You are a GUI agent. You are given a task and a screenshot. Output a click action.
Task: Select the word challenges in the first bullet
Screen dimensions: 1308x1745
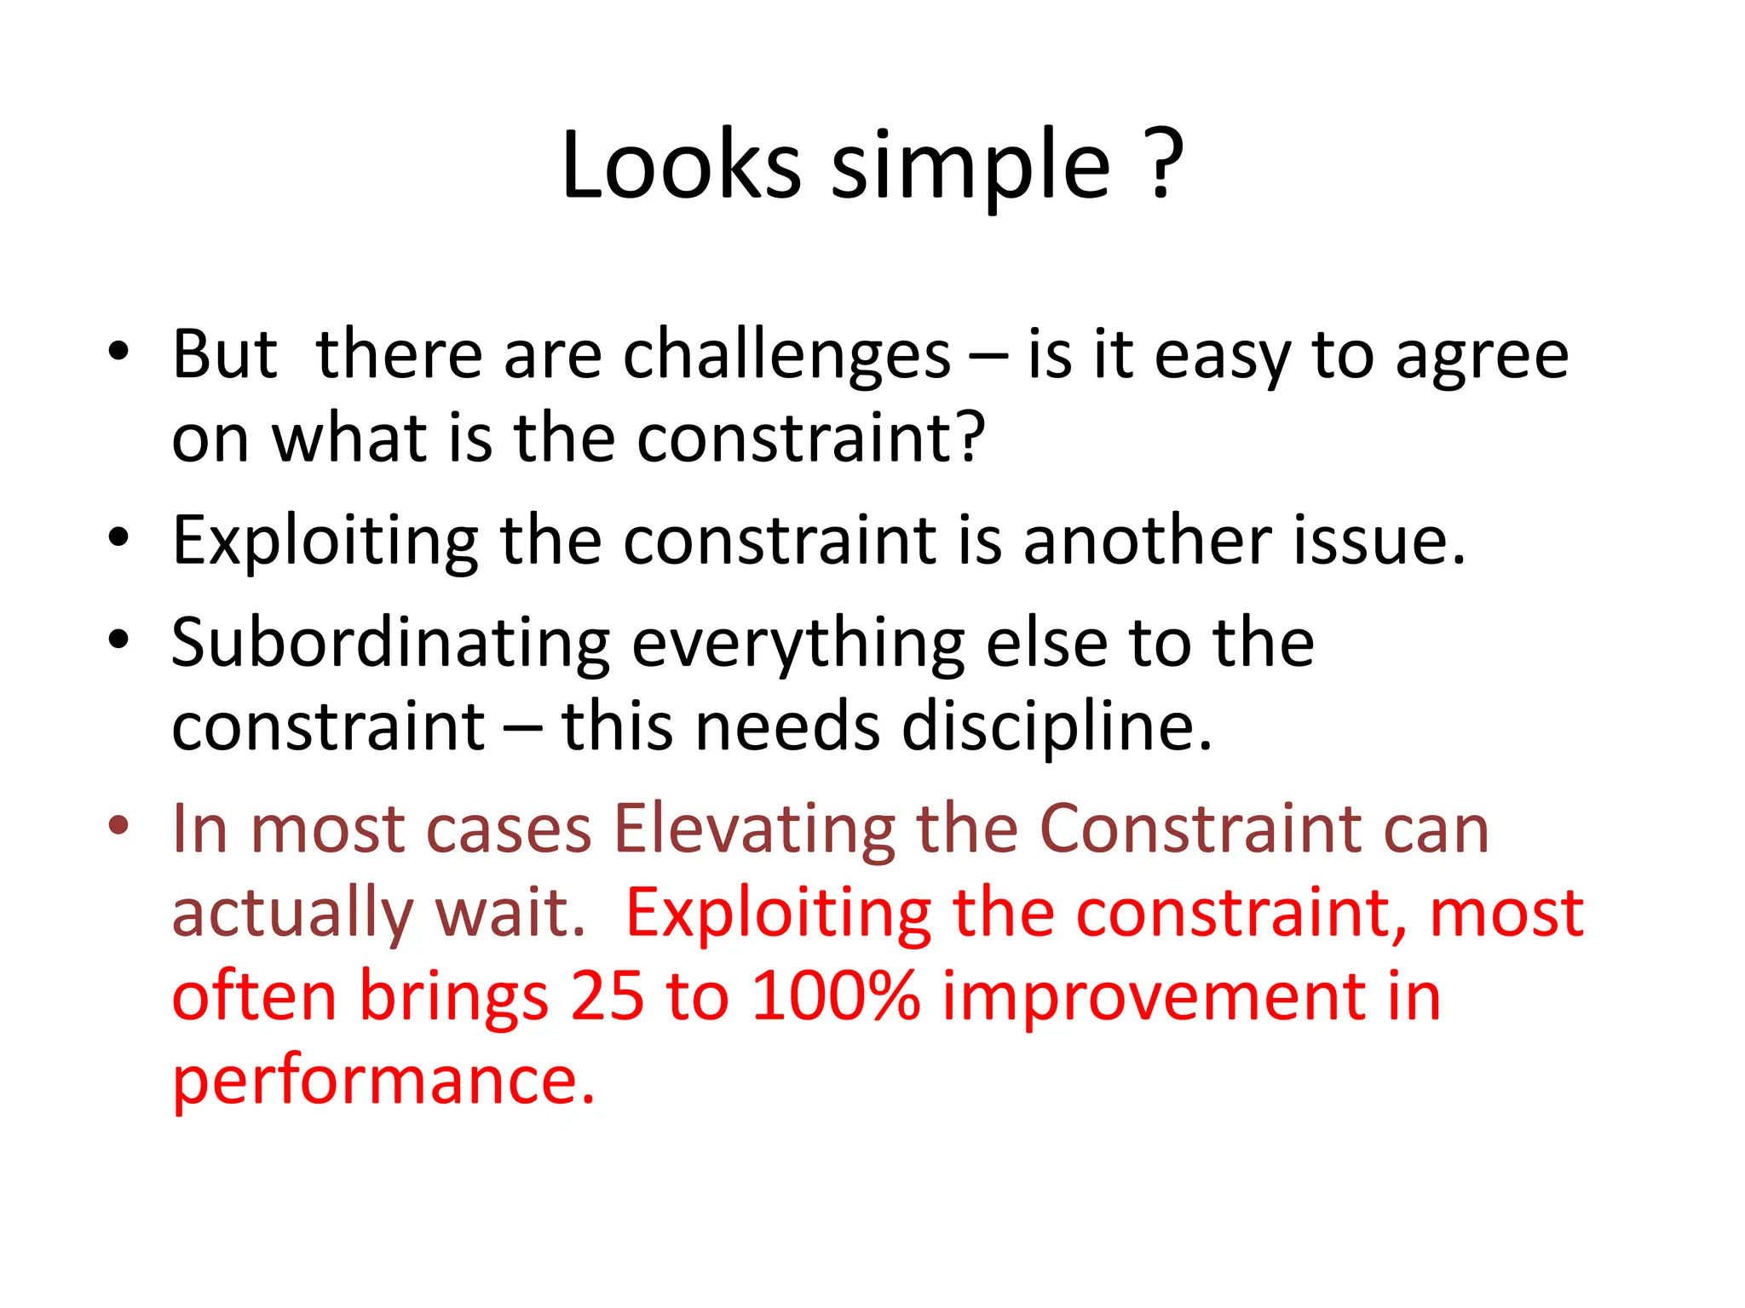pos(786,355)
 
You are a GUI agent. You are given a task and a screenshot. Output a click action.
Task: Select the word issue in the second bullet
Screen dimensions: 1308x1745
pos(1379,541)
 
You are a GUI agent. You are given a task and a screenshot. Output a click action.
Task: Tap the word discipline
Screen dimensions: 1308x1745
pos(1057,728)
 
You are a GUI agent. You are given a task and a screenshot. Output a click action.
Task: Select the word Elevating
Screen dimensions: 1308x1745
pos(754,829)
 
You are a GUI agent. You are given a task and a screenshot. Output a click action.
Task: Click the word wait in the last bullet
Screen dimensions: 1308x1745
pos(510,913)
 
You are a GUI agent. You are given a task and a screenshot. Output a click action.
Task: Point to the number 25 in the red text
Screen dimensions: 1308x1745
pos(607,996)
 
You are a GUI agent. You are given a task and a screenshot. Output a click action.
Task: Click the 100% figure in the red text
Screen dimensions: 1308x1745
pos(836,996)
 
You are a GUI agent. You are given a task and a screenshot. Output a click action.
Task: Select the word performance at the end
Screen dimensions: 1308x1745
pos(383,1081)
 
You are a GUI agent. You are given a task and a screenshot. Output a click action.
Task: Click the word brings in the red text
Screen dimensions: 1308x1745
pos(453,998)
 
